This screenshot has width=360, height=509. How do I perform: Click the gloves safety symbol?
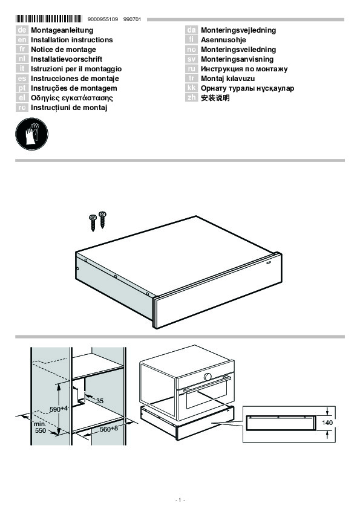[32, 134]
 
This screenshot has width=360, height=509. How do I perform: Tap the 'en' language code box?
[22, 40]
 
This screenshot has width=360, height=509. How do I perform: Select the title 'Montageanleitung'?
[62, 30]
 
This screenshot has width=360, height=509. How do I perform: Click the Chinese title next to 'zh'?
[215, 98]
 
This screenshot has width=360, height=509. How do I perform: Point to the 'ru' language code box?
[191, 69]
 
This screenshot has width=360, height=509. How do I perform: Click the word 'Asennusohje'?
[223, 40]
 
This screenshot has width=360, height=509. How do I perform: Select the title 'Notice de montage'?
[64, 50]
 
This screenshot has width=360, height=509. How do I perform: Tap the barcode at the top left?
[49, 19]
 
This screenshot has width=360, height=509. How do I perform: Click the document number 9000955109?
[103, 19]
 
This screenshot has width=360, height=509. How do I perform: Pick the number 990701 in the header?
[133, 19]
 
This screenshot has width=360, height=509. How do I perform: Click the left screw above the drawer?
[93, 222]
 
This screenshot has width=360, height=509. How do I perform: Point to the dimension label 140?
[327, 423]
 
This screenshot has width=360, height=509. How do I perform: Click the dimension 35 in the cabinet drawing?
[100, 401]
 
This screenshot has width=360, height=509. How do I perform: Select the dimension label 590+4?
[59, 409]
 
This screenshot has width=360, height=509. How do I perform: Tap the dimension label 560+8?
[109, 429]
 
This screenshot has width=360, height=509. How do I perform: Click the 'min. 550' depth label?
[41, 427]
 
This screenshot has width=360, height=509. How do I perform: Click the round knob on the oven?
[208, 377]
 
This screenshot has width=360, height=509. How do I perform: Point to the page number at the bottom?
[180, 500]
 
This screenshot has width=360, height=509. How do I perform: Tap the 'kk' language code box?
[191, 88]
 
